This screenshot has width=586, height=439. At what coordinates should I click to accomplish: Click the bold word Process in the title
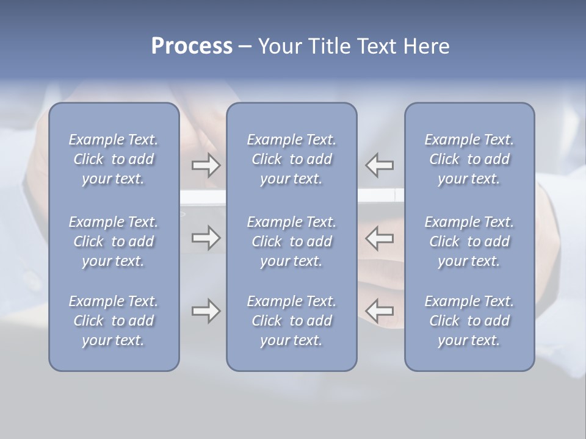pos(192,46)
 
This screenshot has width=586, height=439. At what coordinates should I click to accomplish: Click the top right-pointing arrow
pos(206,165)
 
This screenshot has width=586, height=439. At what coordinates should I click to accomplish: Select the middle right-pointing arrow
pos(206,238)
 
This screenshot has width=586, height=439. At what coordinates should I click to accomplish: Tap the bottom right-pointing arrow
pos(206,311)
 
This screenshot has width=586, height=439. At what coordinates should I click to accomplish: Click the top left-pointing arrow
pos(379,165)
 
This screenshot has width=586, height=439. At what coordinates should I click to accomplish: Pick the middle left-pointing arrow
pos(379,238)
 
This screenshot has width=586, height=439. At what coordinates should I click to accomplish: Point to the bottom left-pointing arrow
pos(379,311)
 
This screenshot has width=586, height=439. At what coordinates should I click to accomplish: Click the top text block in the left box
pos(114,159)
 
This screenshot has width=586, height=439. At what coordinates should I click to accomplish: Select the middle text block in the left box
pos(114,241)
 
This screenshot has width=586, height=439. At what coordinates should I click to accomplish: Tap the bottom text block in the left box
pos(114,321)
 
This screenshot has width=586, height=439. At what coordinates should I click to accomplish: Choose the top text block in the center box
pos(292,159)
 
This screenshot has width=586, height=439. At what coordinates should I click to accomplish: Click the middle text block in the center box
pos(292,241)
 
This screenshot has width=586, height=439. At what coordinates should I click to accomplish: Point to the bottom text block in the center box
pos(292,321)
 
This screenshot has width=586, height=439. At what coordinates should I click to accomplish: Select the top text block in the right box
pos(469,159)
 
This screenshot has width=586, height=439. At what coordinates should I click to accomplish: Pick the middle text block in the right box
pos(469,241)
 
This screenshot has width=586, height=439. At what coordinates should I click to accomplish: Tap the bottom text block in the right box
pos(469,321)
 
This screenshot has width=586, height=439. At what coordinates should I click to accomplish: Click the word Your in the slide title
pos(278,46)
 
